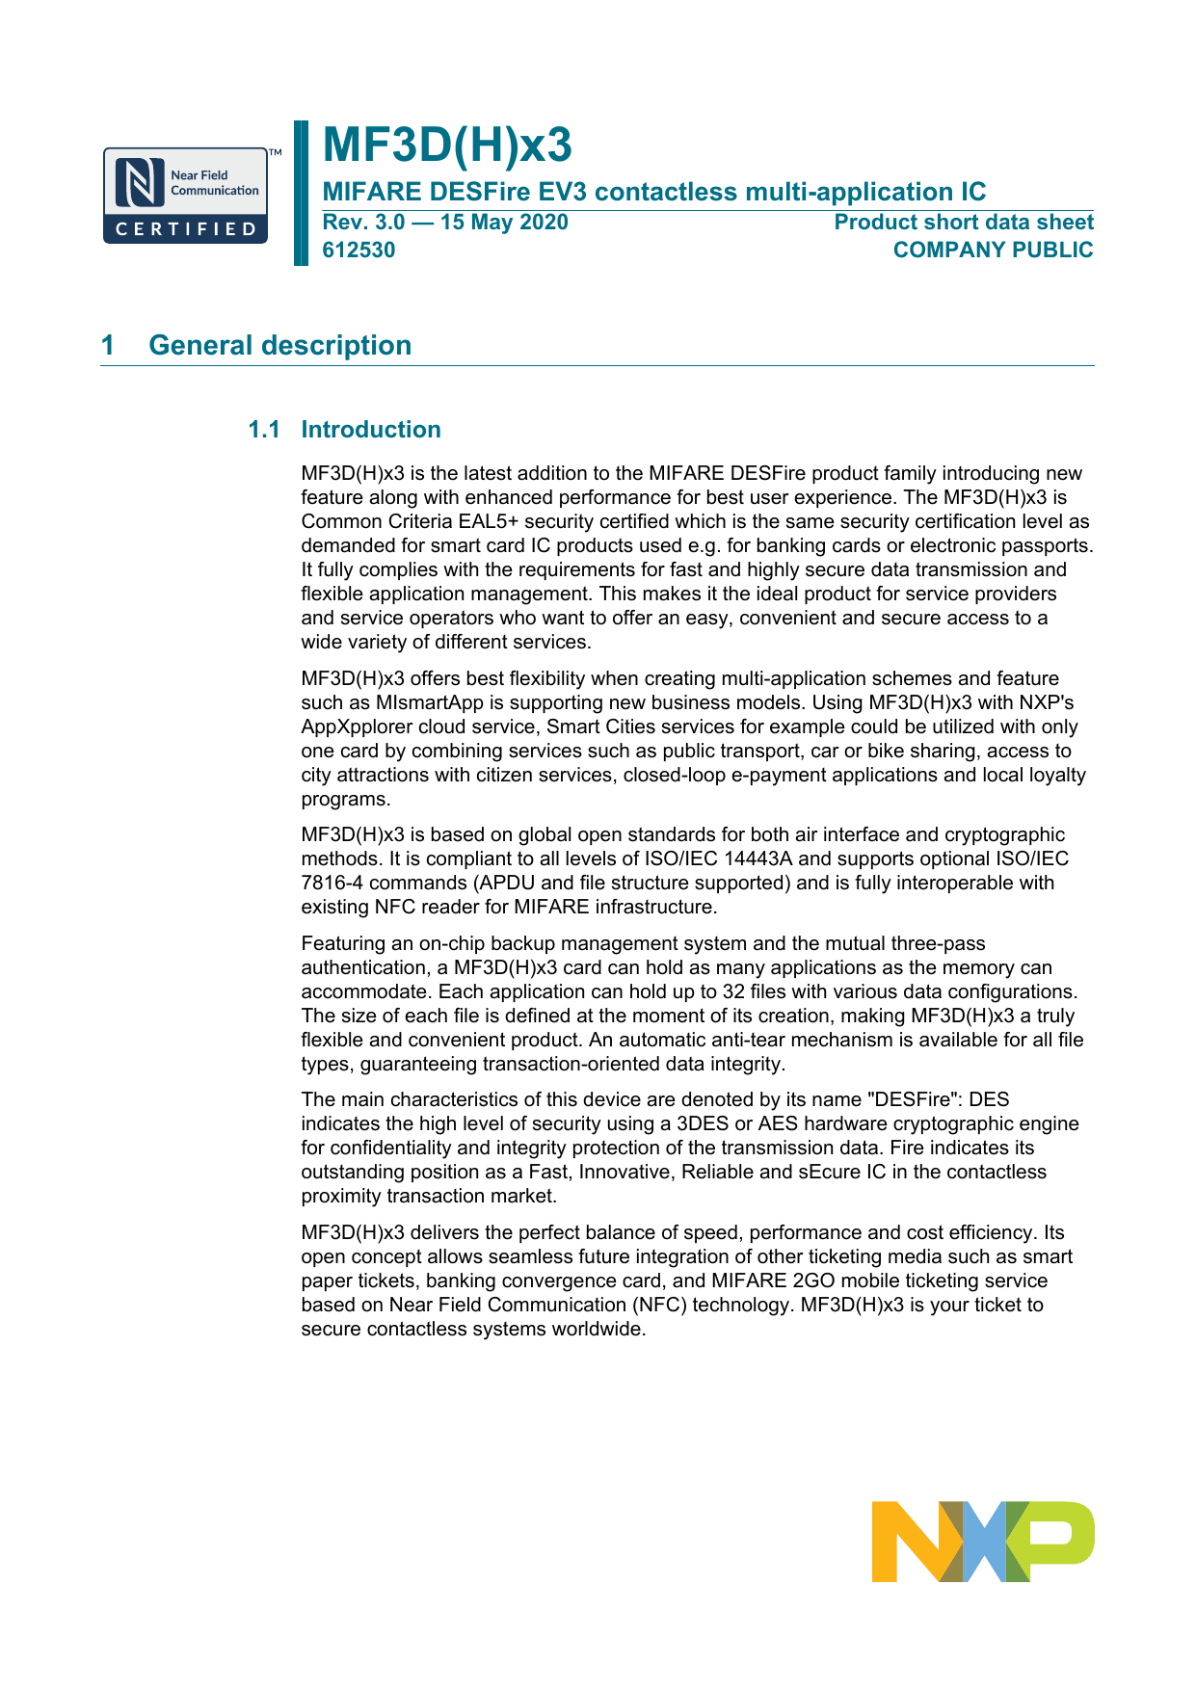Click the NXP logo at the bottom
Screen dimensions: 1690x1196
pos(982,1541)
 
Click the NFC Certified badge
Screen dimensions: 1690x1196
pos(186,196)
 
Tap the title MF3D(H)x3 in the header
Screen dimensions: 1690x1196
pos(447,145)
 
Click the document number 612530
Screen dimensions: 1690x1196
pos(359,251)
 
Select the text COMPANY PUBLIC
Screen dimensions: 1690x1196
pos(993,251)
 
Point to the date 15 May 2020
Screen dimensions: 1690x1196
pos(504,223)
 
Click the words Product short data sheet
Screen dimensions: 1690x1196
pos(963,223)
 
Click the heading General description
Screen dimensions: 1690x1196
pos(279,345)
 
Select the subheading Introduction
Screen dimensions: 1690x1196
pos(371,430)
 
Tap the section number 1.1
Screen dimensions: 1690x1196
pos(264,430)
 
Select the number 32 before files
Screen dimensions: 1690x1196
pos(733,991)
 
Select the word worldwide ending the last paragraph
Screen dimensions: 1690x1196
pos(598,1329)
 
